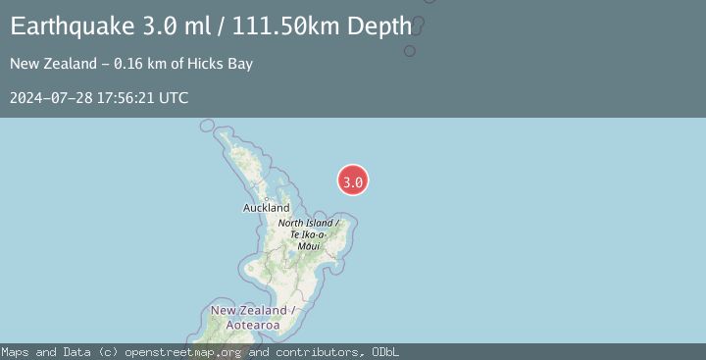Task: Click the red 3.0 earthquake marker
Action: (x=353, y=180)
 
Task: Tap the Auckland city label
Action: (x=267, y=208)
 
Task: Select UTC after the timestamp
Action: (x=174, y=98)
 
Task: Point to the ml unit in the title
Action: (x=202, y=26)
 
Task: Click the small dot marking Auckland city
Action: (x=267, y=198)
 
